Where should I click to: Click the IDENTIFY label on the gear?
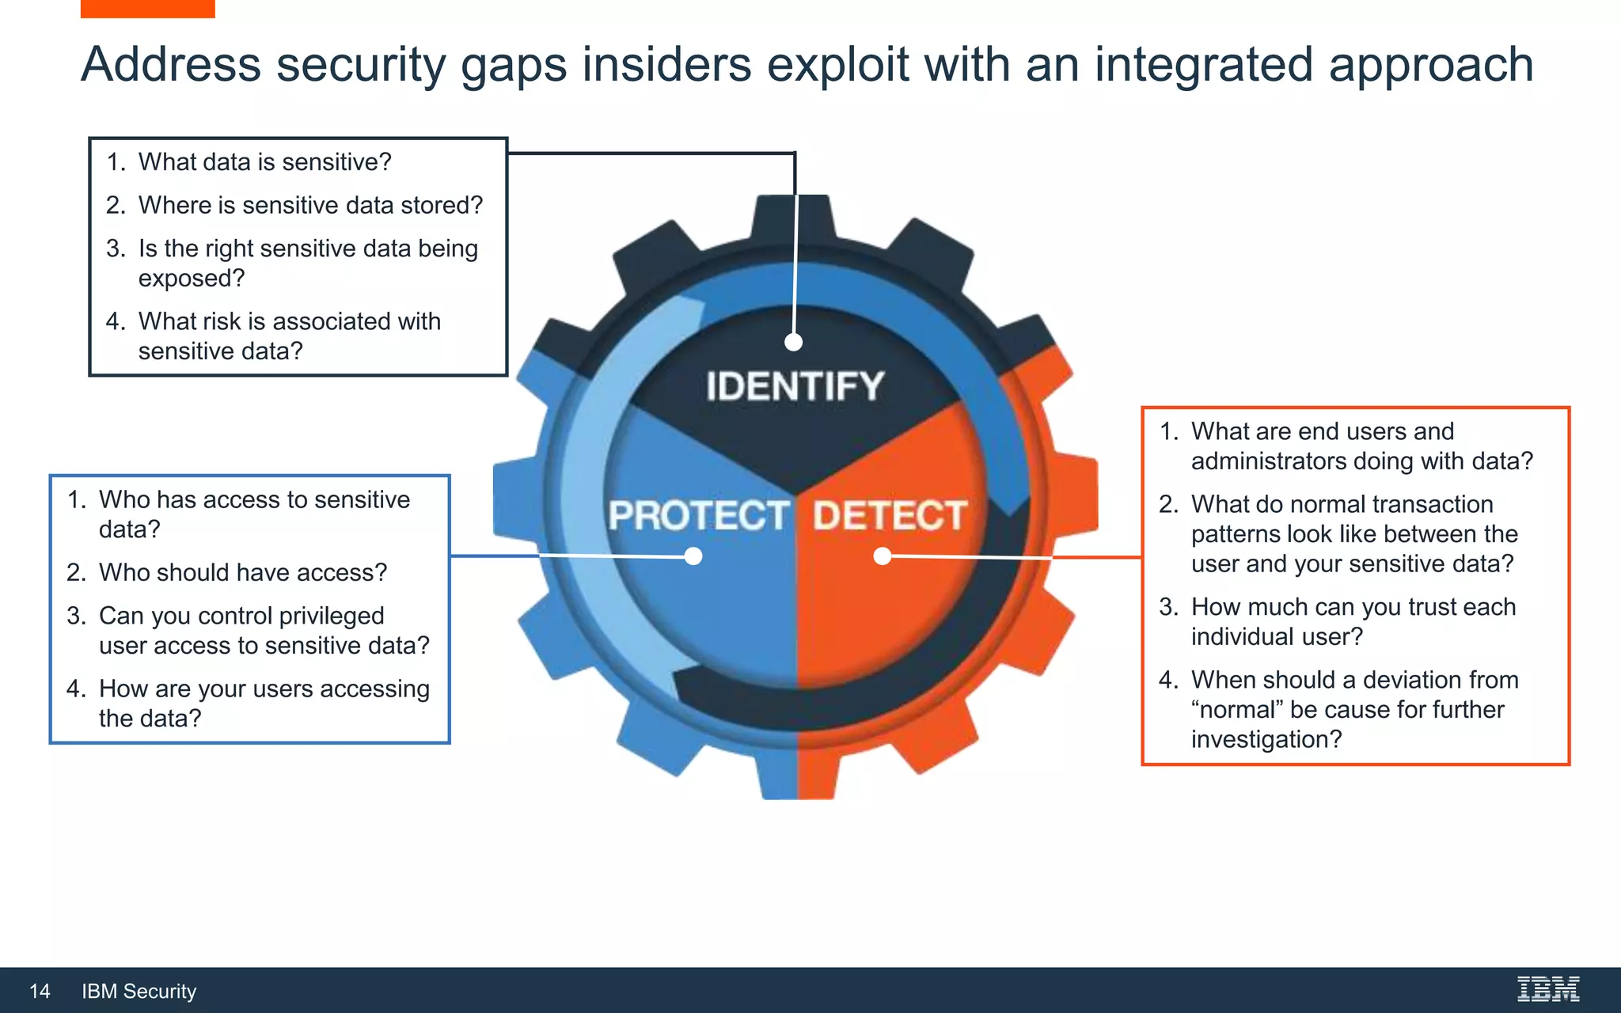pos(795,387)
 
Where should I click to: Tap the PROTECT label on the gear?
pos(698,516)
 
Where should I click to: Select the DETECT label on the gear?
pos(890,516)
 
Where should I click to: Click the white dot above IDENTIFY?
pos(794,342)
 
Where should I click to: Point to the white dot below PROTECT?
pos(693,556)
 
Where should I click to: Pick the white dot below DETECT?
pos(883,556)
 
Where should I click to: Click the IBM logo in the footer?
pos(1548,989)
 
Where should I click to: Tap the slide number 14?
pos(40,991)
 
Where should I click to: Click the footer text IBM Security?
pos(139,991)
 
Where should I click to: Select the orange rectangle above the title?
pos(147,8)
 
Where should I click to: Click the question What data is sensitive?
pos(264,162)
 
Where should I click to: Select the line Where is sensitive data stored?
pos(310,206)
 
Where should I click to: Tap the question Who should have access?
pos(243,573)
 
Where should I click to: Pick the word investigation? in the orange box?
pos(1266,740)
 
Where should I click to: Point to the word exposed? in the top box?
pos(192,279)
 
